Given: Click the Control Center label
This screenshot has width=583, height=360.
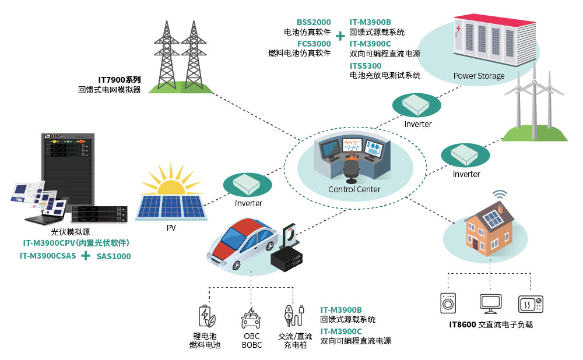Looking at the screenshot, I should coord(354,189).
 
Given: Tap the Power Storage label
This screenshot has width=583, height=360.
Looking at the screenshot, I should coord(479,76).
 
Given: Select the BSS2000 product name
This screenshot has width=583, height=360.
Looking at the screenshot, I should coord(314,22).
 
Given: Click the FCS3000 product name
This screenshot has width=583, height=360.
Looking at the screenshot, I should coord(314,43).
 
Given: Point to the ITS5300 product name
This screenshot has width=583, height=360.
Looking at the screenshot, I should coord(366,65).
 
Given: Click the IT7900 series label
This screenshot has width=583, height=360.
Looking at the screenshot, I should coord(119,80).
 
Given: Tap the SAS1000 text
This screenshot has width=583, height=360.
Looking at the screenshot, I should coord(114,256).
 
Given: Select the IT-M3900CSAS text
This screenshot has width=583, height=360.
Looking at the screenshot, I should coord(48,256).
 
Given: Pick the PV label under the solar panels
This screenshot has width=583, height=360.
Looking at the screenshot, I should coord(171,228).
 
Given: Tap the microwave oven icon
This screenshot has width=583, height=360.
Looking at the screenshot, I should coord(531,303).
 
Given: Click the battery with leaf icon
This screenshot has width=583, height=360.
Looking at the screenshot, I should coord(205,315).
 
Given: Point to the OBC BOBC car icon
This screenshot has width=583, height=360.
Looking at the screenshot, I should coord(251,317).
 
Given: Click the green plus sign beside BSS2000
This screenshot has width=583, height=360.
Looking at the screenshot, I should coord(340,33).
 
